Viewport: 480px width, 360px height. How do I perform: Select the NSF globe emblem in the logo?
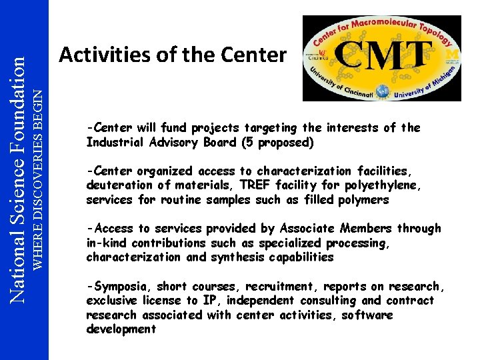point(383,91)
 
